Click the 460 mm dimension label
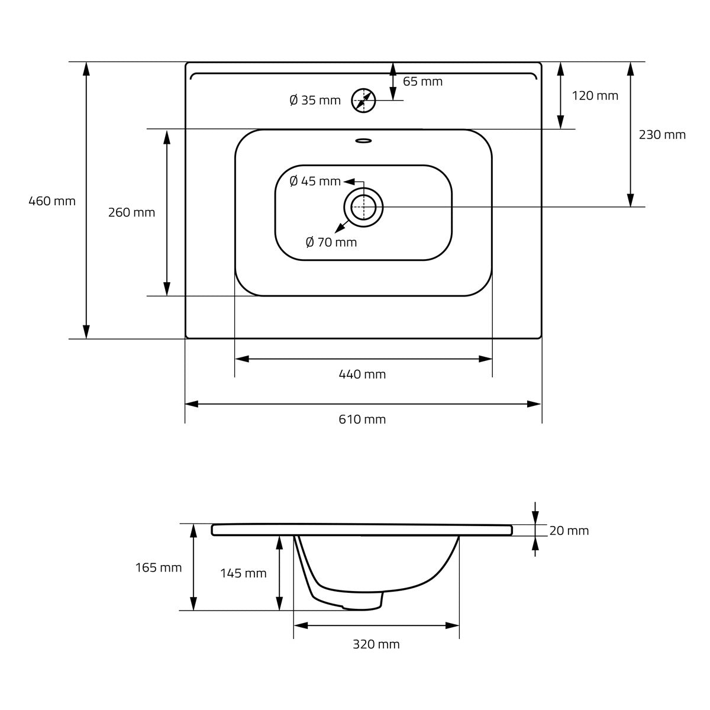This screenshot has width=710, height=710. point(52,201)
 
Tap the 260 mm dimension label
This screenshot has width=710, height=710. point(131,212)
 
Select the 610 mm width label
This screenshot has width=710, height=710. point(362,419)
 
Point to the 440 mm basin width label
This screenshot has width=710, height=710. point(362,375)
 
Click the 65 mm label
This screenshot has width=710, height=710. point(422,82)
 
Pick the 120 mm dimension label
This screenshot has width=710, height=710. point(595,96)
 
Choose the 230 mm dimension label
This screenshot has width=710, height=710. point(662,135)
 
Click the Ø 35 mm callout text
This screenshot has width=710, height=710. point(315,100)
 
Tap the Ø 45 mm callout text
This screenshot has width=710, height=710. point(315,181)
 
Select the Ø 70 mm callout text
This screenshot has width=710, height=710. point(331,242)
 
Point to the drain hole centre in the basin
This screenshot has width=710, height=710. point(363,208)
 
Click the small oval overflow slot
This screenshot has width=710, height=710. point(364,140)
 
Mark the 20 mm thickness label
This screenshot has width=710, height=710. point(569,531)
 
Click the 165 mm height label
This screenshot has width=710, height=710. point(159,568)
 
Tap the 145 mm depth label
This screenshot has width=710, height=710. point(243,573)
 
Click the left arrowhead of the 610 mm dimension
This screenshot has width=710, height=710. point(192,404)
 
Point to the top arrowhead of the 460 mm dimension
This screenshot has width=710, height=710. point(86,69)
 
